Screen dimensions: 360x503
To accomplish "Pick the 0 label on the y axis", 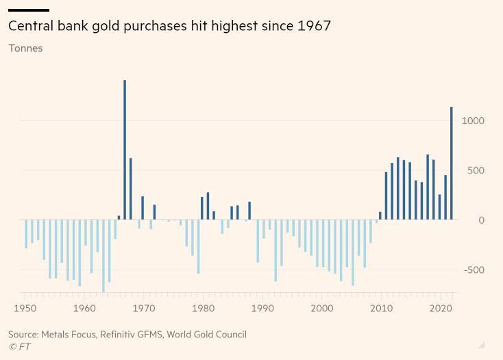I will coord(482,220).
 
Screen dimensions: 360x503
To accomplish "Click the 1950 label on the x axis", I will coord(25,309).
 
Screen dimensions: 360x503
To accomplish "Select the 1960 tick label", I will coord(85,309).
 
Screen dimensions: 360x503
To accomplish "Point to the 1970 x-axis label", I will coord(144,309).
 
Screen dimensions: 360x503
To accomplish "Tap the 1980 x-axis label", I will coord(204,309).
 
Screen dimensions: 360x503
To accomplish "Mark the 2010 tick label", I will coord(382,309).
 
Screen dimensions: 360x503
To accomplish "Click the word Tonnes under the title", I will coord(25,49).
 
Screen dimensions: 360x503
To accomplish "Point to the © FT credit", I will coord(19,347).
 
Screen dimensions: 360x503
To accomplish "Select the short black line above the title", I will coord(29,10).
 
